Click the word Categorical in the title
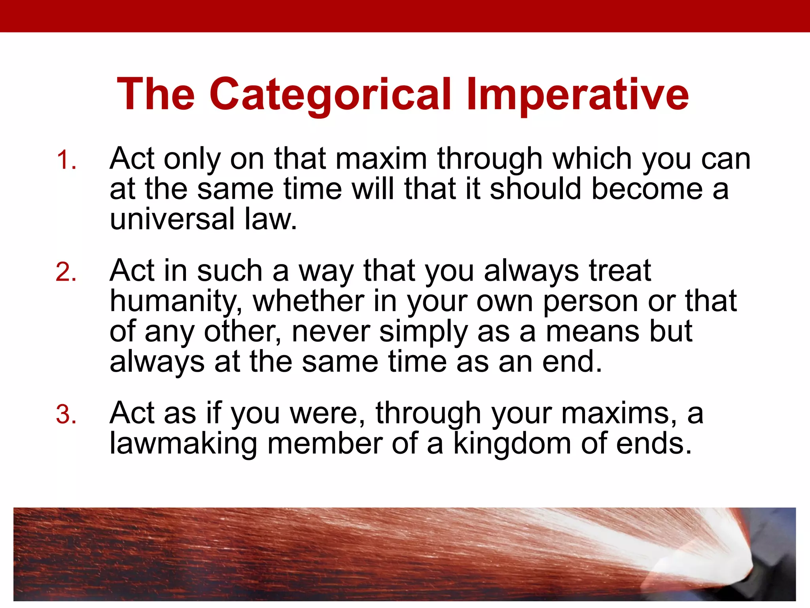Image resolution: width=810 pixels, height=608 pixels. point(330,95)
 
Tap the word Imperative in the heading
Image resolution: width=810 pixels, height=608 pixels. point(577,95)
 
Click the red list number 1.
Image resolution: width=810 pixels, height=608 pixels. point(66,160)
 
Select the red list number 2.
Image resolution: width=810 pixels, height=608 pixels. point(66,272)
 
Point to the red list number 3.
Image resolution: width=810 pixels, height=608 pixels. point(66,415)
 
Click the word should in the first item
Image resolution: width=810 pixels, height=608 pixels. point(536,189)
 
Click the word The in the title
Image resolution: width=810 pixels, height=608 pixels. point(156,95)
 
